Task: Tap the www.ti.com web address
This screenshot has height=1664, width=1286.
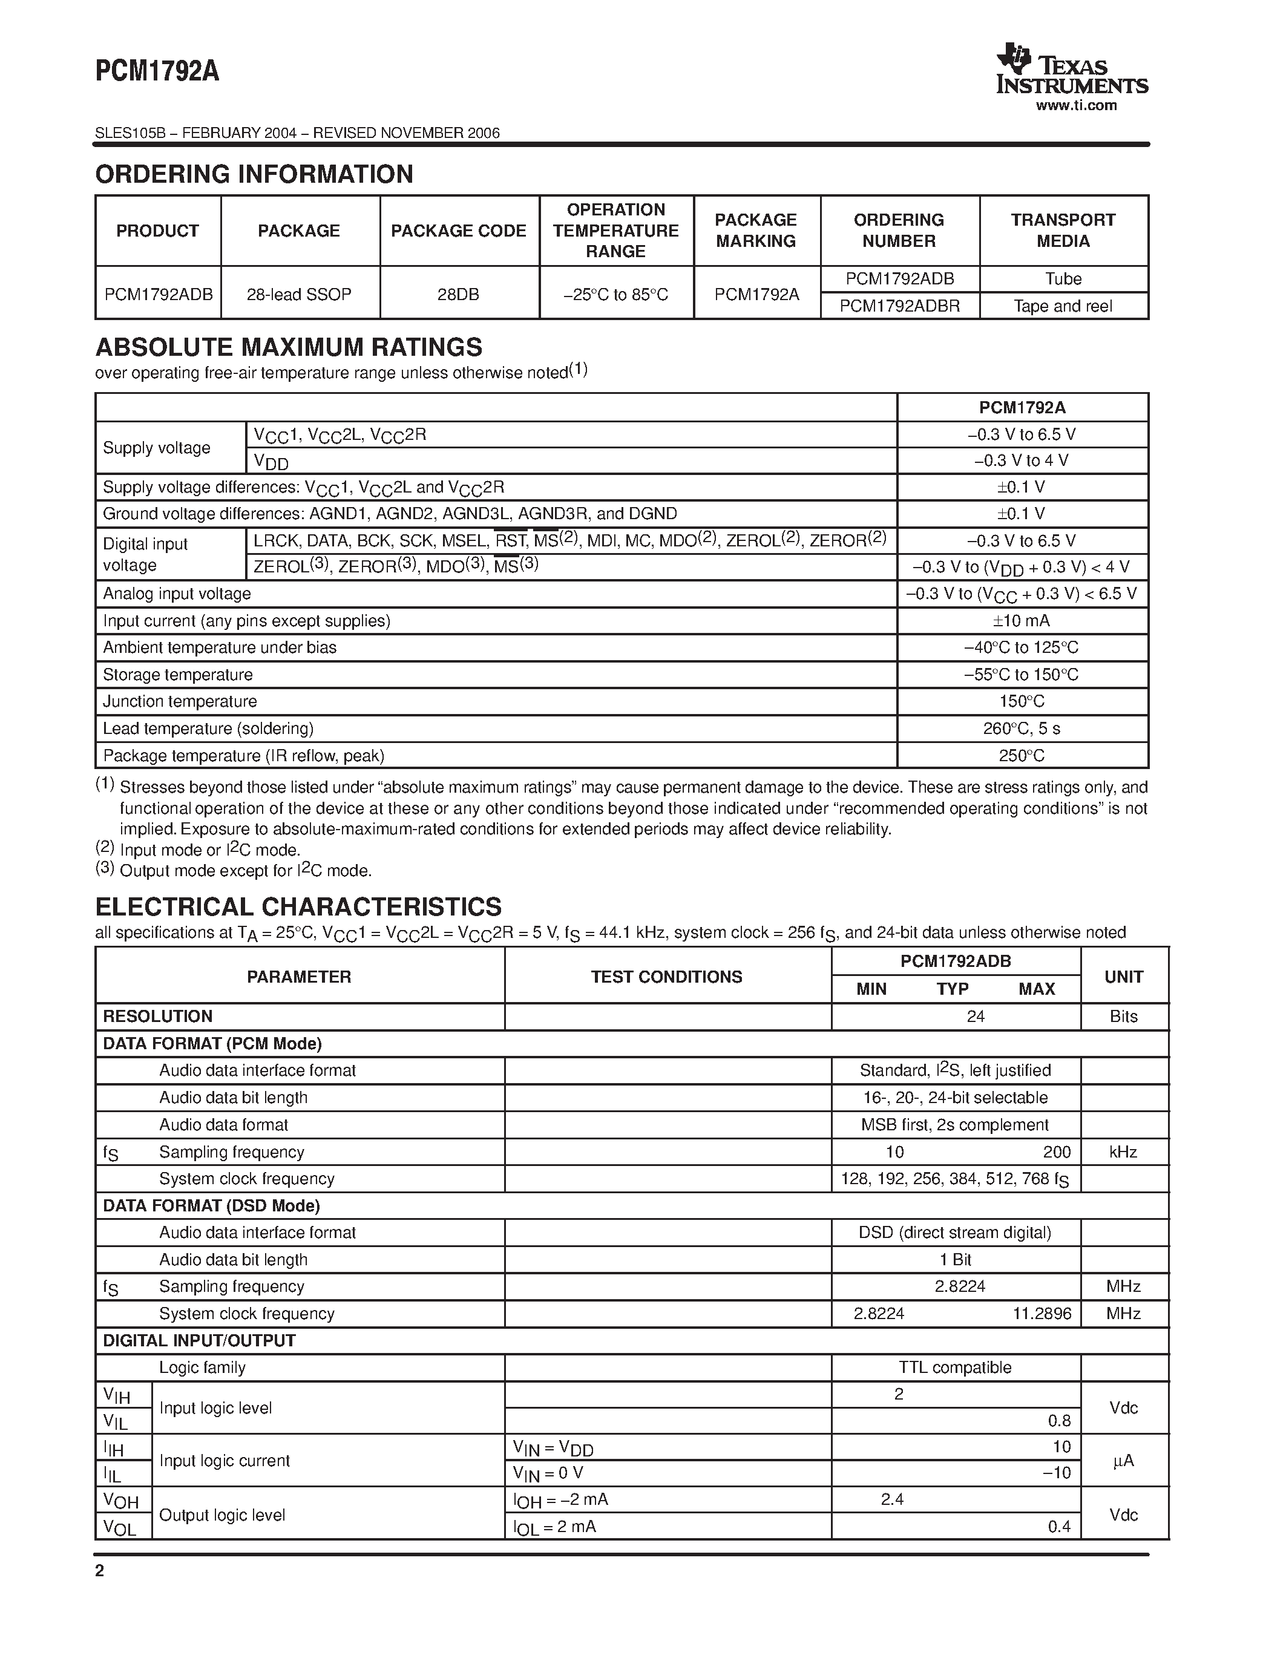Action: point(1076,106)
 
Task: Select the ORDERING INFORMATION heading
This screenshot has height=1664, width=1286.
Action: point(254,174)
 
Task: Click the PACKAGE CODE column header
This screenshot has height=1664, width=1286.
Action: point(459,231)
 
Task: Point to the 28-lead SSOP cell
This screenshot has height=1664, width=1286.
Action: point(298,294)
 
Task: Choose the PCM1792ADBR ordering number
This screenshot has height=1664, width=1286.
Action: point(899,306)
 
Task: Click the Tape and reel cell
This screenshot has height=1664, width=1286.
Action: point(1063,306)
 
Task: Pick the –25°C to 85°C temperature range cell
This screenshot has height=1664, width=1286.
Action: point(615,294)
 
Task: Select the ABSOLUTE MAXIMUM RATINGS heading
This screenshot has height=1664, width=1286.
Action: point(289,347)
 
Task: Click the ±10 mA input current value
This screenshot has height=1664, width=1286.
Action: point(1021,621)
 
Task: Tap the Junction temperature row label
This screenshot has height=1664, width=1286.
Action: point(180,702)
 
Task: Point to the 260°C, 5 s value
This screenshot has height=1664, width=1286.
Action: point(1021,729)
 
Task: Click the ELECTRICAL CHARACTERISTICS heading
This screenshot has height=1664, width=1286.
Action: point(298,906)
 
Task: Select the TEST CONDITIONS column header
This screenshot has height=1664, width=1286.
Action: point(667,977)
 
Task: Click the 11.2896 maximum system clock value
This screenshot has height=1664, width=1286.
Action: point(1042,1314)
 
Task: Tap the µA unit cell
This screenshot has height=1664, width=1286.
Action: point(1123,1461)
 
